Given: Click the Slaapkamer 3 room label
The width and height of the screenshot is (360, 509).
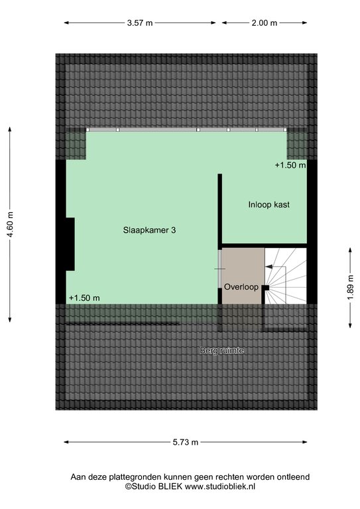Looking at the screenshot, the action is pyautogui.click(x=149, y=230).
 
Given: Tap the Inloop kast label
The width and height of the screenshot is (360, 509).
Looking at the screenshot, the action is pyautogui.click(x=269, y=205).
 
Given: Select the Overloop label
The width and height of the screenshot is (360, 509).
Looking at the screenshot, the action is pyautogui.click(x=241, y=287).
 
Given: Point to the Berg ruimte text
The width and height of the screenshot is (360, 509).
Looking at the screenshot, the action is pyautogui.click(x=222, y=351).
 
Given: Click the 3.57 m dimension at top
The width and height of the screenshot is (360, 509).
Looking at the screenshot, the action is pyautogui.click(x=140, y=23).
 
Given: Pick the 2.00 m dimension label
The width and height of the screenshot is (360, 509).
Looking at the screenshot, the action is pyautogui.click(x=265, y=23).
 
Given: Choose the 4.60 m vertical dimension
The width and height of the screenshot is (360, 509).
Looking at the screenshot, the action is pyautogui.click(x=10, y=224).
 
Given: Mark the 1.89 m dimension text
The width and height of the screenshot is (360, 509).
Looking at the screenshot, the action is pyautogui.click(x=351, y=288).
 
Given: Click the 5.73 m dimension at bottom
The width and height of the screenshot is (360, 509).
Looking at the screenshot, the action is pyautogui.click(x=186, y=442).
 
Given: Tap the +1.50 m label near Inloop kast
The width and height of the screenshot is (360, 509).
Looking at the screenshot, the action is pyautogui.click(x=290, y=165).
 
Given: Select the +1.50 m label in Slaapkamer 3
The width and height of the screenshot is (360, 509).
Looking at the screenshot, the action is pyautogui.click(x=84, y=298).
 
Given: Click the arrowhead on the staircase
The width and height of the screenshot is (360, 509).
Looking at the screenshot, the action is pyautogui.click(x=269, y=267).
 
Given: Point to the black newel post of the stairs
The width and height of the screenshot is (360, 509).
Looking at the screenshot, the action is pyautogui.click(x=266, y=288).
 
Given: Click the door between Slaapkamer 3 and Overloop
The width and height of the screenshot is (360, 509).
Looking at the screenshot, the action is pyautogui.click(x=219, y=269).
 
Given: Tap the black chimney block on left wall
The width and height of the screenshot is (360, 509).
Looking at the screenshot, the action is pyautogui.click(x=70, y=244).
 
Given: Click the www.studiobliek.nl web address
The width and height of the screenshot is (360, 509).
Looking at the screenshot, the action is pyautogui.click(x=219, y=486).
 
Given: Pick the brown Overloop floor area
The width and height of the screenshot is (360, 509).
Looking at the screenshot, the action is pyautogui.click(x=243, y=276).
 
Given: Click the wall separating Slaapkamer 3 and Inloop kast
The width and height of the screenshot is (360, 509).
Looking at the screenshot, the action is pyautogui.click(x=219, y=211).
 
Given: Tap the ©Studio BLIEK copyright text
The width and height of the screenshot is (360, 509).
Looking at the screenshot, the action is pyautogui.click(x=154, y=486).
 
